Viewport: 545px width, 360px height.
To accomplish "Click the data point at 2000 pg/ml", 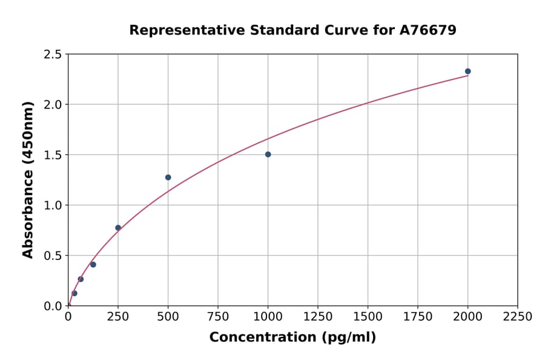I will pos(467,72).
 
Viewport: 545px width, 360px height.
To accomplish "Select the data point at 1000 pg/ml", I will pos(268,155).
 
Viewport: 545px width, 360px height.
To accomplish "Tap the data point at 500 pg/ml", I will pos(168,178).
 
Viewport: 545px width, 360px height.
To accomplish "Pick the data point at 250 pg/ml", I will pos(118,228).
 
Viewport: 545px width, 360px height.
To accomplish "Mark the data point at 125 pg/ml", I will pos(93,264).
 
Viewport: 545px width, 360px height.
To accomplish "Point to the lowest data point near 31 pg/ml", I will pos(74,293).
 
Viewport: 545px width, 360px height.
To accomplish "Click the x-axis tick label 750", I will pos(218,317).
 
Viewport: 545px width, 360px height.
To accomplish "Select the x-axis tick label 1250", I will pos(318,317).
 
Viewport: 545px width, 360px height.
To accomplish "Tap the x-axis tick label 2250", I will pos(518,317).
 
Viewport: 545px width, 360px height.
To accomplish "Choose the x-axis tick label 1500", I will pos(368,317).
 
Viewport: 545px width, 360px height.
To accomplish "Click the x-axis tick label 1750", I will pos(418,317).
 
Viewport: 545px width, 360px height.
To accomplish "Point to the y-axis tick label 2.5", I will pos(52,55).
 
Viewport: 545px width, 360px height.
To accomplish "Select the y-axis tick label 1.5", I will pos(52,155).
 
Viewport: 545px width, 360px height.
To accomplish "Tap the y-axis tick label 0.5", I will pos(52,256).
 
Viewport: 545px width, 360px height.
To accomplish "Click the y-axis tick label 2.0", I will pos(52,105).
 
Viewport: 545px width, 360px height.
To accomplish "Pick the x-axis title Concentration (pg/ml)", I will pos(292,338).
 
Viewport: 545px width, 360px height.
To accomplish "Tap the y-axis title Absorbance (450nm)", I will pos(28,180).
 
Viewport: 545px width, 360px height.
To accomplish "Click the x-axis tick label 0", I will pos(68,317).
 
